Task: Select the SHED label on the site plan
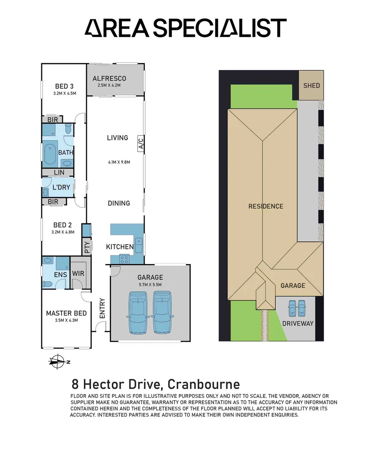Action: (311, 85)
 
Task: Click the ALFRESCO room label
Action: (109, 78)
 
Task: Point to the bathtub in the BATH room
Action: (50, 152)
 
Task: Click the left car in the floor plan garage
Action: (138, 312)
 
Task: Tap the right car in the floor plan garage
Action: (162, 312)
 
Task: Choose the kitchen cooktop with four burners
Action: (124, 260)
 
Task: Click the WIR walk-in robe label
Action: (78, 273)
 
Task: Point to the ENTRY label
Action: (102, 308)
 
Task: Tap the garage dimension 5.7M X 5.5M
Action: (150, 285)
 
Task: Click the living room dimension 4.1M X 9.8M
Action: (119, 162)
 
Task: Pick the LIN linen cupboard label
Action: (59, 172)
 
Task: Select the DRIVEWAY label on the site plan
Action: (298, 323)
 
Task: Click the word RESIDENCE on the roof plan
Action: (266, 206)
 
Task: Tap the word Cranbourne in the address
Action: (204, 384)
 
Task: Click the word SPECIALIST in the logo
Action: (220, 28)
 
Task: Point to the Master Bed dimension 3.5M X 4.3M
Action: (66, 320)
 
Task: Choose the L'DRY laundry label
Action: (61, 187)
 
